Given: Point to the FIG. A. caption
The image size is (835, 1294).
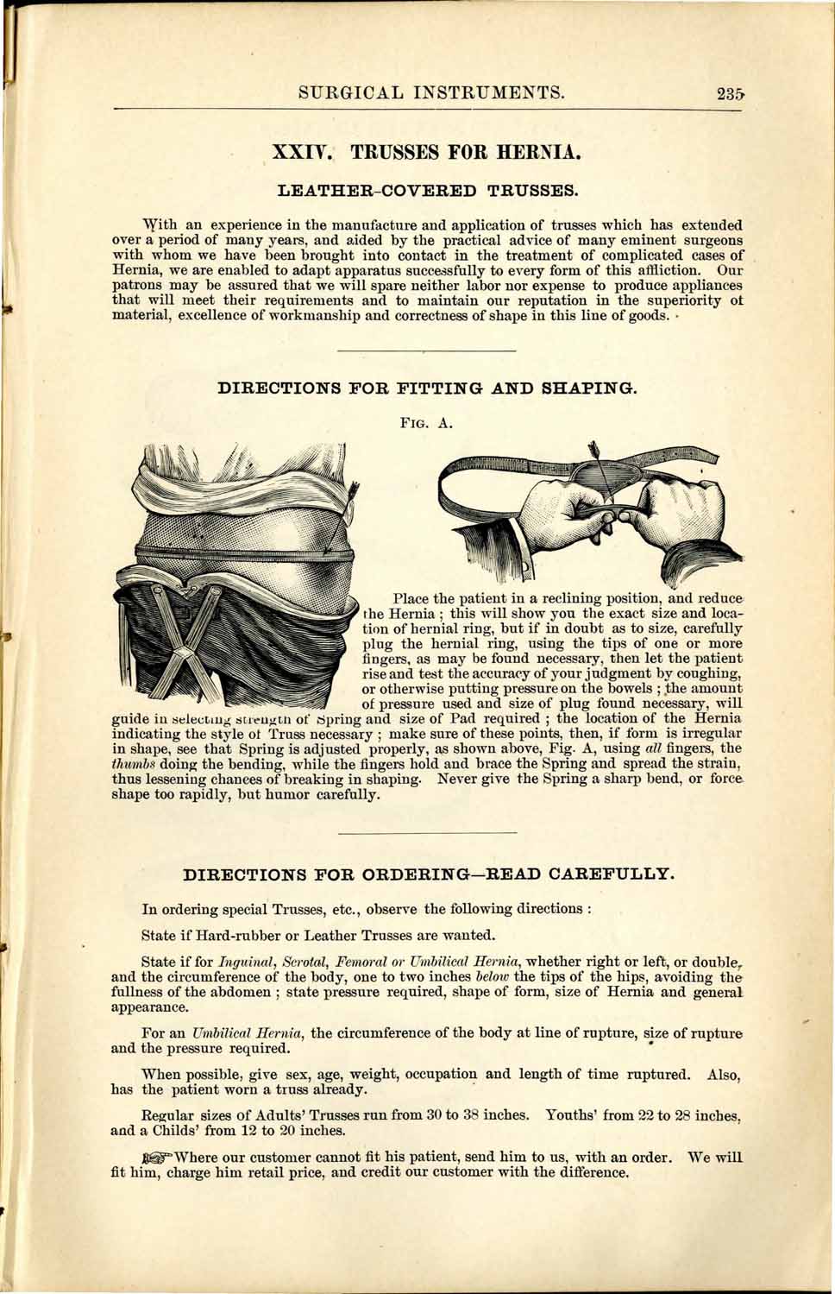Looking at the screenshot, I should [426, 423].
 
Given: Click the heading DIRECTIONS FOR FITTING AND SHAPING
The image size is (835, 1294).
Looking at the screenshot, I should [427, 388].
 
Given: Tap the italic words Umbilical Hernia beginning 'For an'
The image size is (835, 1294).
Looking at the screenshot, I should [236, 1033].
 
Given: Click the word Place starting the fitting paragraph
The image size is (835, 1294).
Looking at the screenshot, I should [411, 598].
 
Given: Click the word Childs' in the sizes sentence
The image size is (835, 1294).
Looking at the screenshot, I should [183, 1130].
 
